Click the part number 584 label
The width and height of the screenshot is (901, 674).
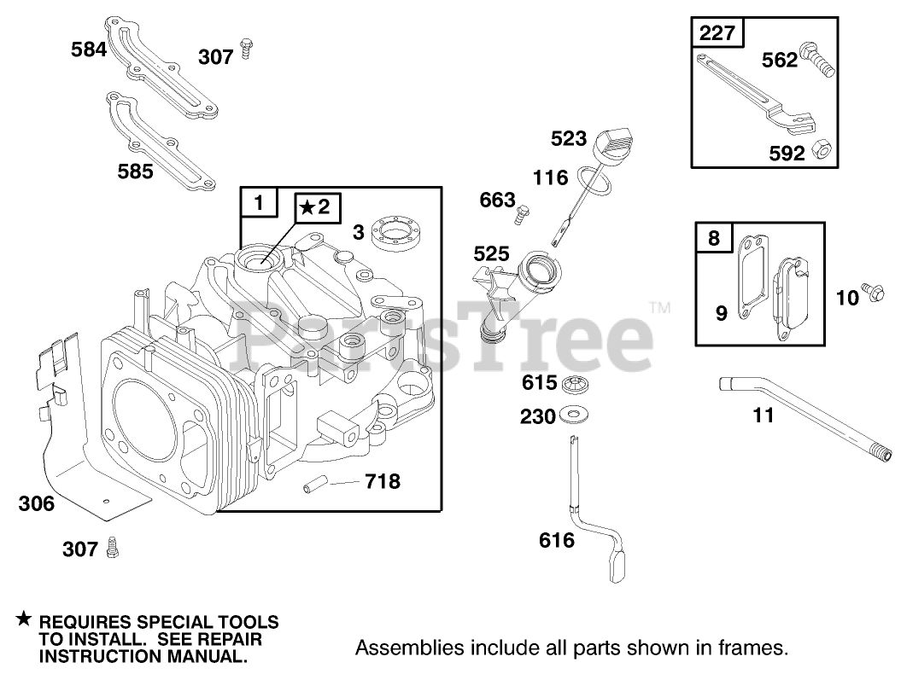89,49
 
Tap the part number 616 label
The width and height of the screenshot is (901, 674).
557,540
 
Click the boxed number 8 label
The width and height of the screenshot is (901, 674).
714,237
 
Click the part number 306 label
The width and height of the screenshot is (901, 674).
36,503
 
